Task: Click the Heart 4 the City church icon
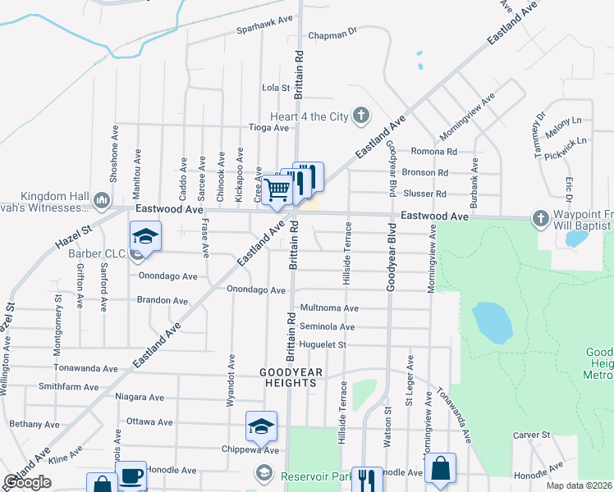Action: coord(360,116)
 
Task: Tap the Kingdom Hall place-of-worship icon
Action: coord(102,199)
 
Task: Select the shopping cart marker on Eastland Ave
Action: coord(277,190)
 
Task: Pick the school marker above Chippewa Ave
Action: coord(261,426)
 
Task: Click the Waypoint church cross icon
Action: coord(540,218)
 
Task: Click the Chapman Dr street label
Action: coord(334,36)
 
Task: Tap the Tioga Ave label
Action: coord(269,128)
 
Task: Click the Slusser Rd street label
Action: coord(424,194)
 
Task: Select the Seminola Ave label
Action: coord(327,327)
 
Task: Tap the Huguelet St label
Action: coord(324,345)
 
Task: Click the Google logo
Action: coord(27,482)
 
